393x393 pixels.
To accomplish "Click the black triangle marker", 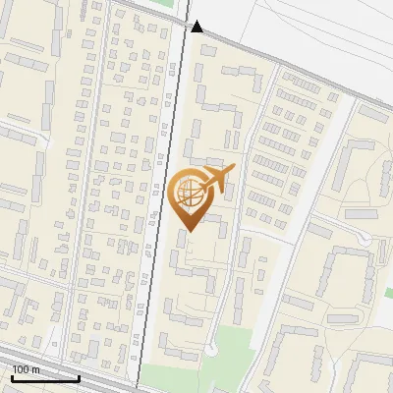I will pyautogui.click(x=197, y=27).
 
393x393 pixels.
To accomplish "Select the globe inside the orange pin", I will pyautogui.click(x=191, y=196).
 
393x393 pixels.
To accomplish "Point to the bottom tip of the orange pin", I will pyautogui.click(x=189, y=232).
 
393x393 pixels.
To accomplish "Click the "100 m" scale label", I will pyautogui.click(x=27, y=369).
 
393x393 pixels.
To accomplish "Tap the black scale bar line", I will pyautogui.click(x=45, y=378).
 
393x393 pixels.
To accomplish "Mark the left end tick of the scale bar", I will pyautogui.click(x=12, y=376).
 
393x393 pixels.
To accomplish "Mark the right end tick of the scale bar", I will pyautogui.click(x=79, y=376).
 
